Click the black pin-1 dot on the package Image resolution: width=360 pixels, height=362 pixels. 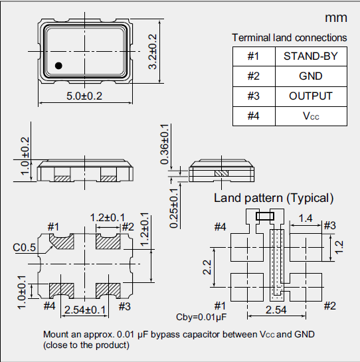point(58,65)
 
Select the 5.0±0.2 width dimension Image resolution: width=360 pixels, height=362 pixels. point(84,96)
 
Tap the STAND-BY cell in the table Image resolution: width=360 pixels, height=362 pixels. point(310,56)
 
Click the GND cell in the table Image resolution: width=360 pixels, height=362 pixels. point(310,76)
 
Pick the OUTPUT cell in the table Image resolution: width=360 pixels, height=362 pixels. point(310,96)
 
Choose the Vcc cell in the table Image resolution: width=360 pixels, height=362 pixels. point(310,116)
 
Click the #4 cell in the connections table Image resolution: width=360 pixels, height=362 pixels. point(253,116)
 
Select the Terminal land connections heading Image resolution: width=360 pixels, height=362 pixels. point(289,38)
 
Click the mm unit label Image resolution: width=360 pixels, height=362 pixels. point(335,17)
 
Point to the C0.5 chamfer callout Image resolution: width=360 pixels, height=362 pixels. point(24,248)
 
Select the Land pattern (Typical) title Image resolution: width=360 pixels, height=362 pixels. point(273,198)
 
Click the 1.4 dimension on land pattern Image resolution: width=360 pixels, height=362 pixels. point(306,218)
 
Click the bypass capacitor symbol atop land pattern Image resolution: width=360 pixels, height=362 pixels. point(264,215)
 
